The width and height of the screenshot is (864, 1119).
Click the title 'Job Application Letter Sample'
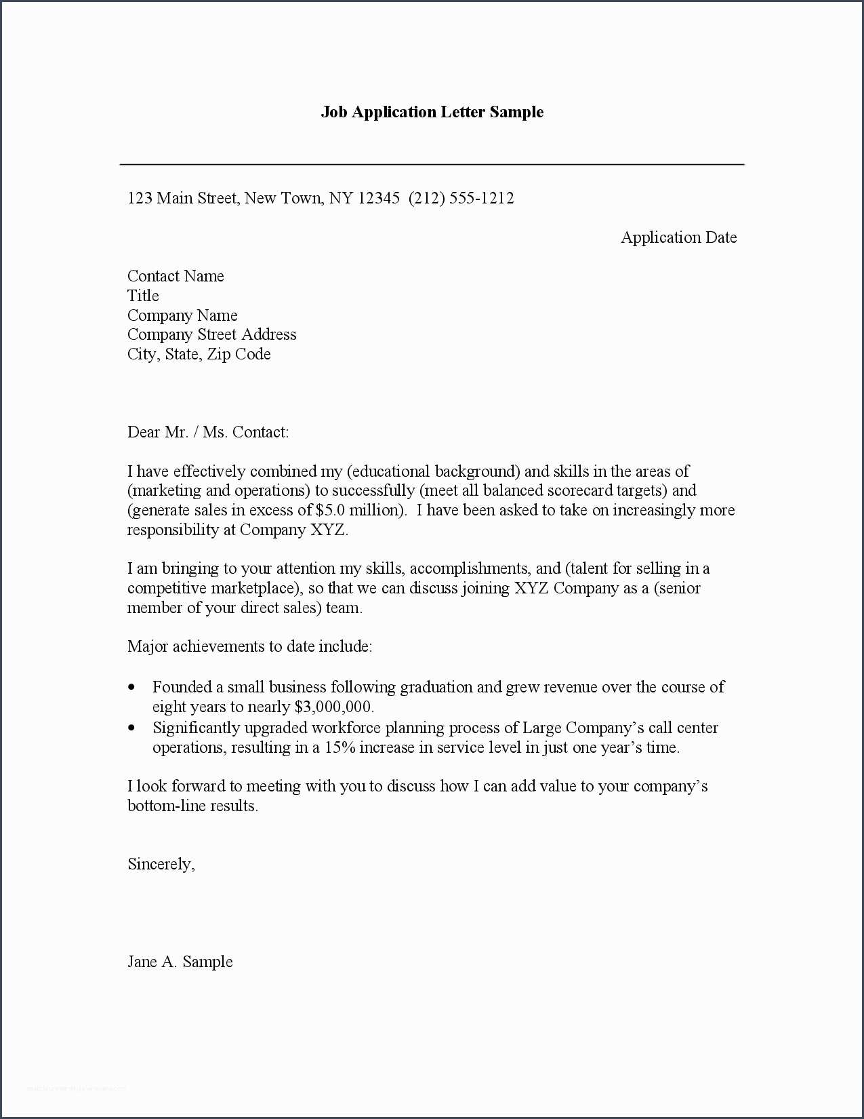[x=432, y=112]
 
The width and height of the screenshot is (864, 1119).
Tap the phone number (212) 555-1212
[x=461, y=198]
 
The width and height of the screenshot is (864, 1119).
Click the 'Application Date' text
[x=678, y=237]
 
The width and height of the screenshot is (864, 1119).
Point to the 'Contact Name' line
[x=176, y=276]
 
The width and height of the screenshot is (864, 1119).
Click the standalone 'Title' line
[x=143, y=296]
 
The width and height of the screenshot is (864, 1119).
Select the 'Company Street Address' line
[x=211, y=334]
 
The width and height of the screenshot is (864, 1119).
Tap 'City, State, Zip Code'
[x=199, y=354]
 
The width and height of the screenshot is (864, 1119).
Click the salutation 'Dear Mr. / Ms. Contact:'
[x=208, y=432]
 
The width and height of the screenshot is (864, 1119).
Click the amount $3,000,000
[x=333, y=707]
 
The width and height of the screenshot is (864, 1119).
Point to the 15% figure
[x=340, y=747]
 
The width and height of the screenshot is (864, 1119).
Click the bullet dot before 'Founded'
[x=131, y=688]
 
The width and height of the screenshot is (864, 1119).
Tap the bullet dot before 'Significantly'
[x=131, y=728]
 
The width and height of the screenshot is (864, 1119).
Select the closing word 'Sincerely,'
[x=161, y=864]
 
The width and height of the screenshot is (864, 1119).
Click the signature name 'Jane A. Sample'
[x=180, y=962]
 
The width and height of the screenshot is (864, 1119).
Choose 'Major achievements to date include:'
[x=249, y=646]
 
